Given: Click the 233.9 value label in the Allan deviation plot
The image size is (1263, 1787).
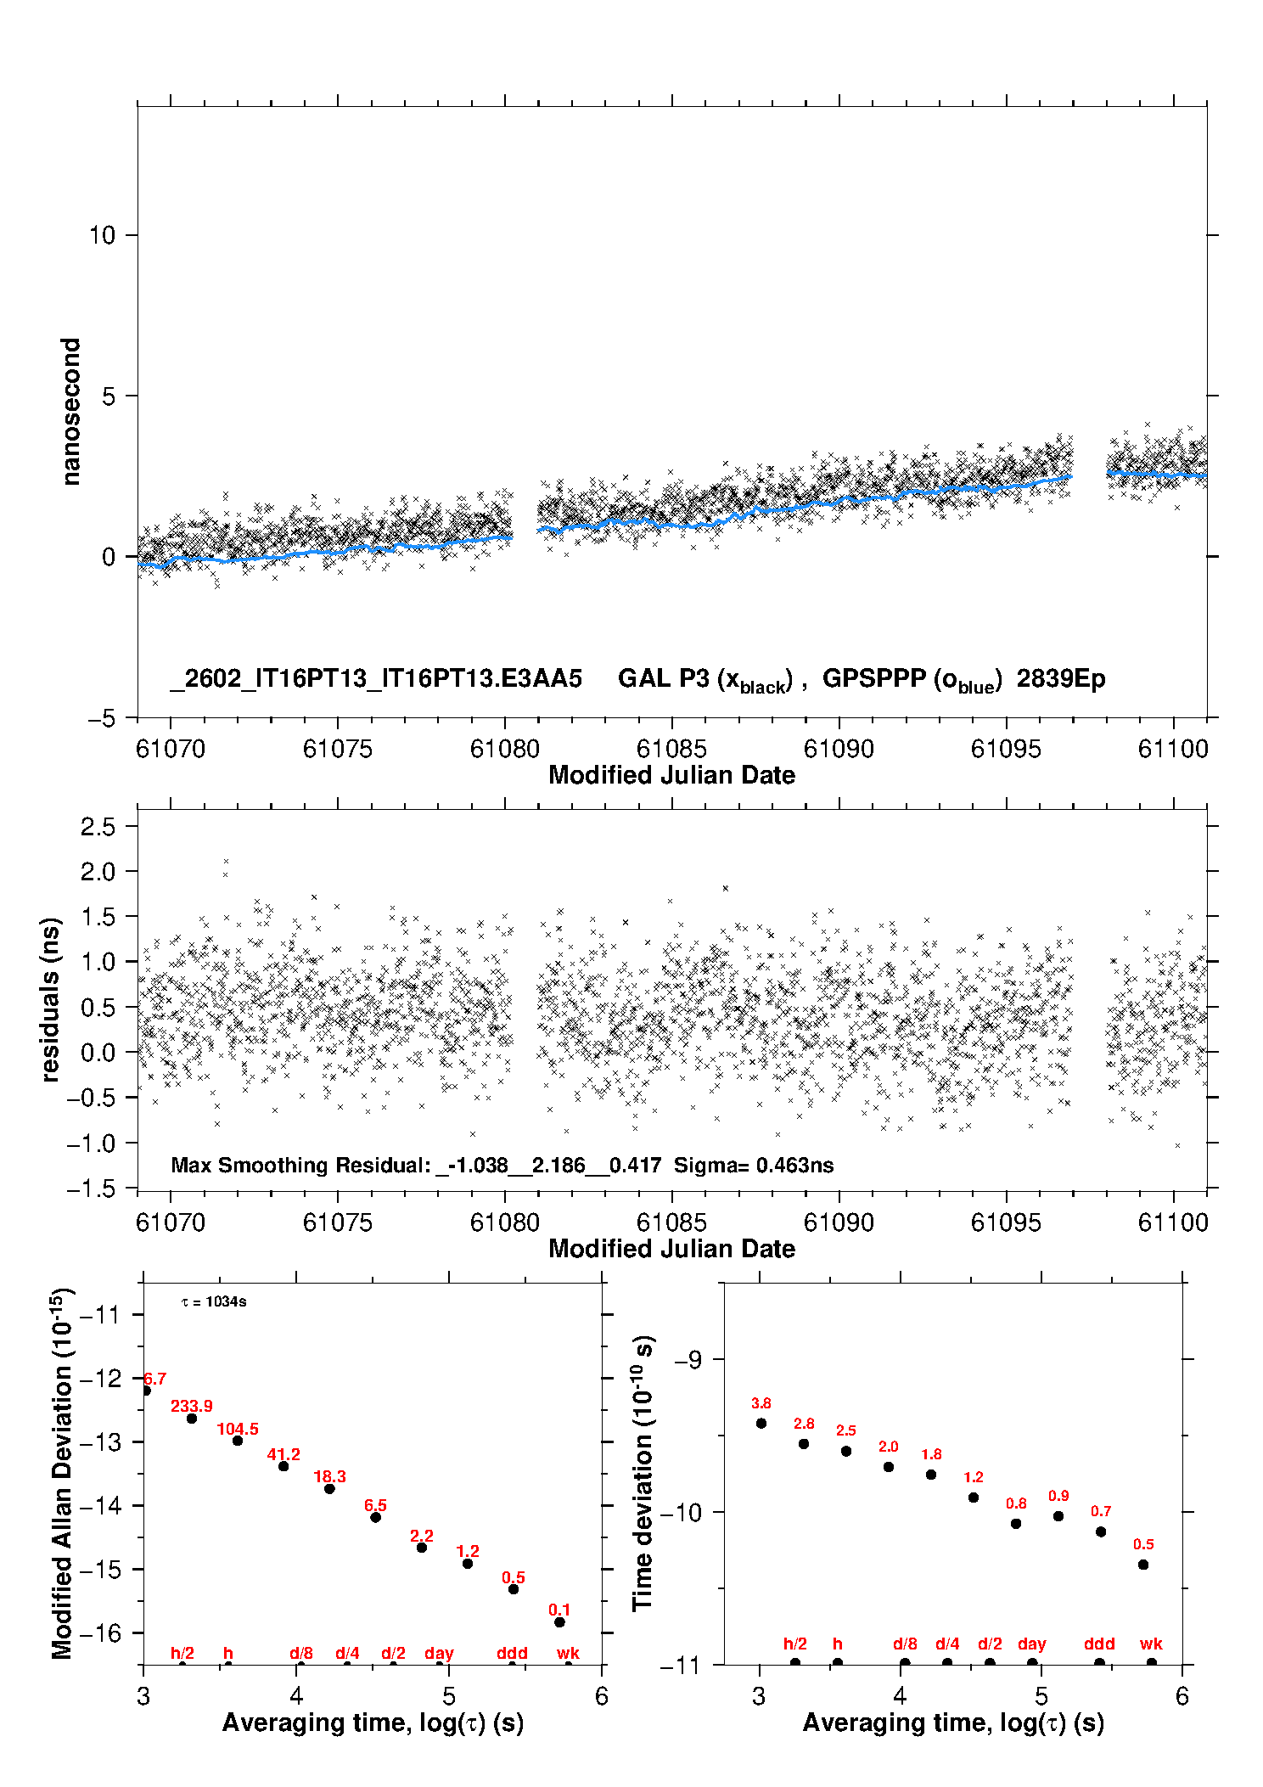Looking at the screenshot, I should (191, 1407).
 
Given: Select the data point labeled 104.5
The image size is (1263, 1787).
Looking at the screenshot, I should (238, 1441).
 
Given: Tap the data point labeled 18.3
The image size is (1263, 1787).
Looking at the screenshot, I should (329, 1489).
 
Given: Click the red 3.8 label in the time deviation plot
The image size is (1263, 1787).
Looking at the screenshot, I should (761, 1404).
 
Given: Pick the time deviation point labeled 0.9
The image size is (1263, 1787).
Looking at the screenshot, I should (1058, 1516).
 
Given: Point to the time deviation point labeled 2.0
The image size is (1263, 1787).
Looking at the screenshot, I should (889, 1467).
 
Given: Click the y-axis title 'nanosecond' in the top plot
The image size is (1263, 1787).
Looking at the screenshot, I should (71, 412).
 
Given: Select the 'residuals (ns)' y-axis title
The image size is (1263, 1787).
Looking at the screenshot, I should (51, 999).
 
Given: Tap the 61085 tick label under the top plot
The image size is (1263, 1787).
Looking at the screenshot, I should (671, 749).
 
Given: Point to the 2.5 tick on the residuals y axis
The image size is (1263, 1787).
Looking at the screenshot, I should (98, 827).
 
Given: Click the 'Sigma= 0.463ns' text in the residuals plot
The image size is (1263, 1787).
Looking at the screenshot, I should (754, 1166).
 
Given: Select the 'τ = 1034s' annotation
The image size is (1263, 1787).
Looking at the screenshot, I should (214, 1302).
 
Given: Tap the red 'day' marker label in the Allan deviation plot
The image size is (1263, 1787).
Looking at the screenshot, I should (439, 1653).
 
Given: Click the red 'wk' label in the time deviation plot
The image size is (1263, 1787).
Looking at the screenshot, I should (1151, 1644).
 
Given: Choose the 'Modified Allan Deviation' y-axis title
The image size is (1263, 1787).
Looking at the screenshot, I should (63, 1474).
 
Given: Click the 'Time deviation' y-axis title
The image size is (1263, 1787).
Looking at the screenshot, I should (643, 1474).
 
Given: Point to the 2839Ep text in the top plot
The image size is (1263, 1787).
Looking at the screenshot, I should (1061, 679).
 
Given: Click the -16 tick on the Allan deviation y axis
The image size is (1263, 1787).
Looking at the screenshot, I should (100, 1632).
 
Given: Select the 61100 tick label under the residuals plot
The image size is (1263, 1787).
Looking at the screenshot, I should (1173, 1222).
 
